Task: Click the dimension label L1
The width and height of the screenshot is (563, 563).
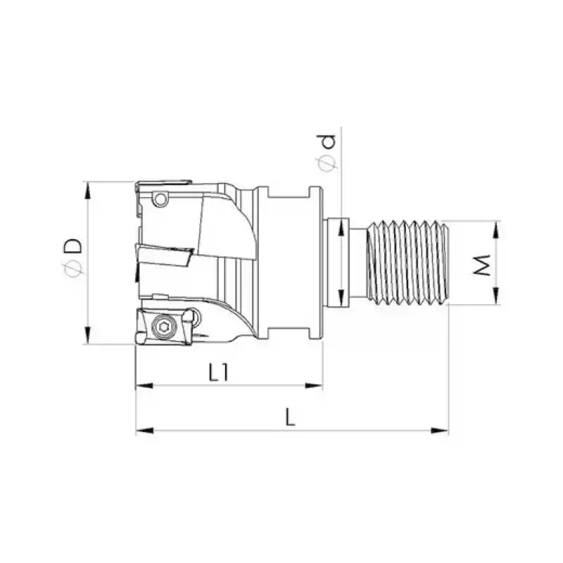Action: [219, 372]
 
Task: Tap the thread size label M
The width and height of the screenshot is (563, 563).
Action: [480, 265]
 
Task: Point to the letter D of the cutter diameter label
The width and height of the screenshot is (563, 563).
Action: [72, 246]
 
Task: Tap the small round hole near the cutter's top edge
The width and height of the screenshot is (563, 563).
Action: [162, 200]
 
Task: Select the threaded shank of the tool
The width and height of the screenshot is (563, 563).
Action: [408, 262]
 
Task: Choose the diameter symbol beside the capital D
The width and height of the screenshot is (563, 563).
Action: [71, 268]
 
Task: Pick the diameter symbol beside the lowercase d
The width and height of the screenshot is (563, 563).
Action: [327, 163]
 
